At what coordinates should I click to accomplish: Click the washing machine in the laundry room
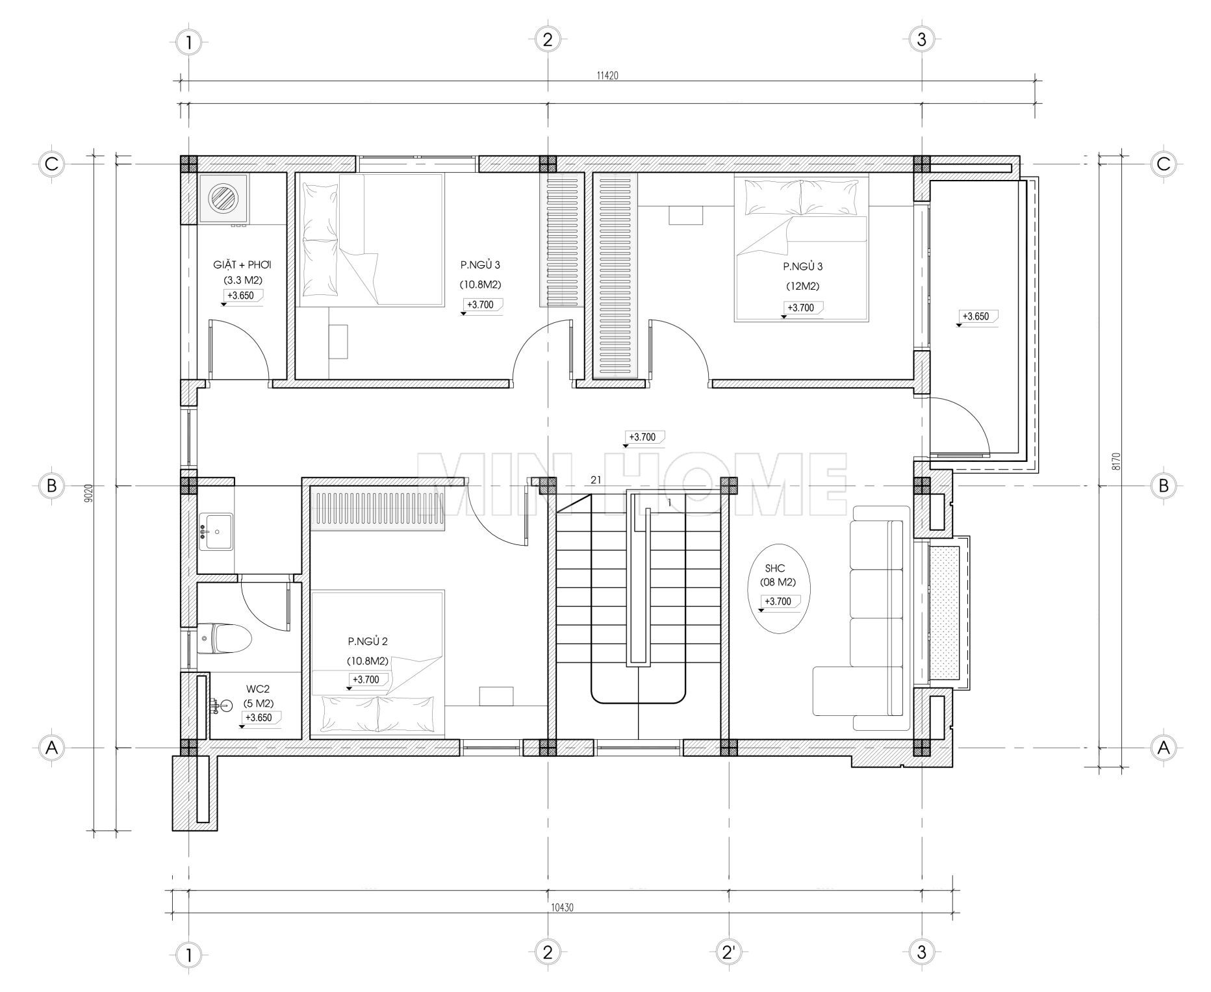[223, 198]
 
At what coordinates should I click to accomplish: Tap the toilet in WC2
[224, 639]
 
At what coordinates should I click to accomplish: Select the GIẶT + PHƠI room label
[242, 265]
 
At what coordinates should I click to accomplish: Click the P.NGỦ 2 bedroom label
[368, 642]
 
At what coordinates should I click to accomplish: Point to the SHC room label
[776, 568]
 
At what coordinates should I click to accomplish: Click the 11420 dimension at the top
[607, 75]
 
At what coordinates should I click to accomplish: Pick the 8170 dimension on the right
[1116, 461]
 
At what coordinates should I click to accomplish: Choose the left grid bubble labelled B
[51, 485]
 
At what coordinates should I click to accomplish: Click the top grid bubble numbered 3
[921, 40]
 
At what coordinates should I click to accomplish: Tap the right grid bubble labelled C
[1163, 164]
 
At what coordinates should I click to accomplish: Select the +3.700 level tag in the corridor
[644, 438]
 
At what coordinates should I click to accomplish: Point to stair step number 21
[595, 480]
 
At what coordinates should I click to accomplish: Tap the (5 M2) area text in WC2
[259, 704]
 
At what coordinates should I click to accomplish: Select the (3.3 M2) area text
[242, 281]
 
